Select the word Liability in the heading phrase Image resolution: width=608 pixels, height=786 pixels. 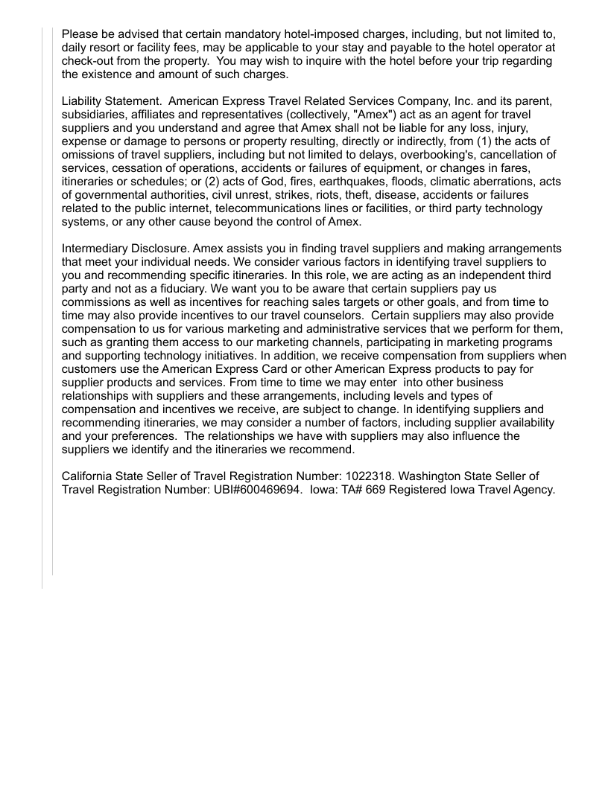pos(85,101)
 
